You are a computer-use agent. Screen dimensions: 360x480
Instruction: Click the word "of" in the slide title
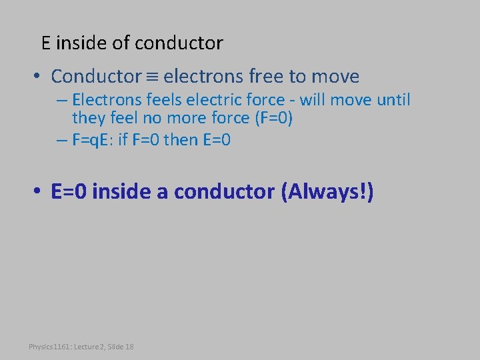[x=121, y=43]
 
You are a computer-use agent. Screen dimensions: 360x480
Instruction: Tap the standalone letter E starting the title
[x=45, y=43]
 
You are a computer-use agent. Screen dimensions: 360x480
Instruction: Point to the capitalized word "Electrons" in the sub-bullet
[x=104, y=101]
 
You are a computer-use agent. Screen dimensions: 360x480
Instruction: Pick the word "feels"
[x=159, y=101]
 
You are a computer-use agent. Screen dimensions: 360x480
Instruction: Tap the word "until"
[x=393, y=101]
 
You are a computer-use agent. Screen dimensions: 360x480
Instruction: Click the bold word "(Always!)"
[x=327, y=192]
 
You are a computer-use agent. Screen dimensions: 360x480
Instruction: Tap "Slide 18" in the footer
[x=120, y=347]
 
